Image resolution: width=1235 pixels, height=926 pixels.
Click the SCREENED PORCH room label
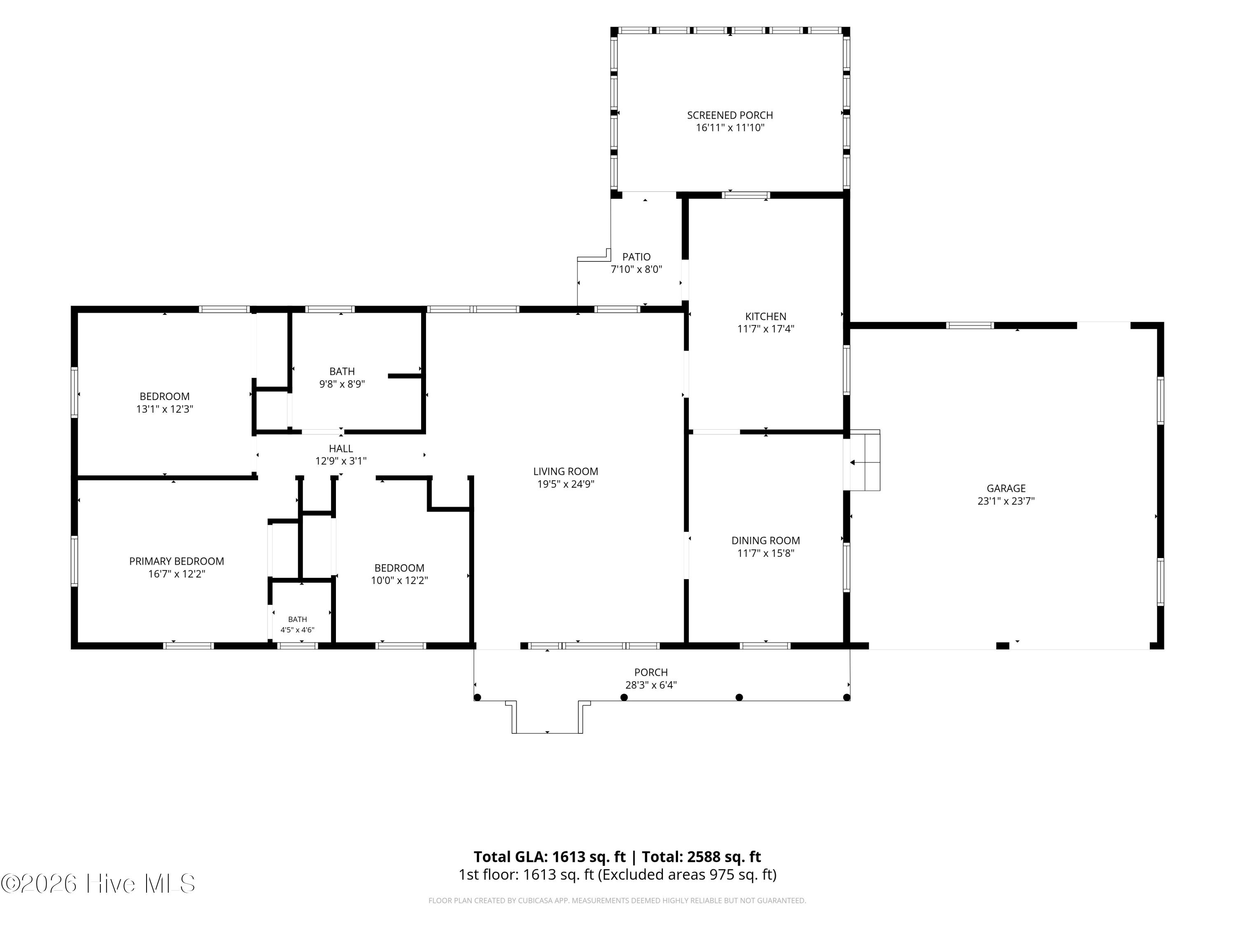(x=730, y=115)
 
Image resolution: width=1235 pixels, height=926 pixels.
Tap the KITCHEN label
(x=765, y=316)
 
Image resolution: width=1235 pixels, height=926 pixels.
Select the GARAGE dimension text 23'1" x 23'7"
(x=1006, y=501)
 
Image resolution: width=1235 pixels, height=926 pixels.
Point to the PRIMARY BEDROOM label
(x=177, y=561)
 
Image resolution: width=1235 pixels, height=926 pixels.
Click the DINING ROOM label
(x=765, y=540)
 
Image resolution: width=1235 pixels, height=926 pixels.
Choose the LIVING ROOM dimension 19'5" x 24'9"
(x=566, y=484)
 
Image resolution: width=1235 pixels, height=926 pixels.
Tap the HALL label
(x=340, y=448)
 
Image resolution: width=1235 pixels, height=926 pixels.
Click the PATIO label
(x=636, y=257)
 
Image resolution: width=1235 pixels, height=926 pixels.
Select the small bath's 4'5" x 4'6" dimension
(x=297, y=630)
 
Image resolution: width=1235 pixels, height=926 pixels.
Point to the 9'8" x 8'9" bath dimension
(x=342, y=384)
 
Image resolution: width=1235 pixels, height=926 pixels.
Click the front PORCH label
(x=651, y=672)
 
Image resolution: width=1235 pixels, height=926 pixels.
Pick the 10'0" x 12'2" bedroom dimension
(x=399, y=580)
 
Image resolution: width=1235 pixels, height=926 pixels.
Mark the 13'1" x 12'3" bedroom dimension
(x=165, y=409)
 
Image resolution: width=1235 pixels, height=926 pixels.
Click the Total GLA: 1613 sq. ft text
(x=550, y=857)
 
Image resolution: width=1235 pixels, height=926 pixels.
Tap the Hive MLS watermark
(x=98, y=884)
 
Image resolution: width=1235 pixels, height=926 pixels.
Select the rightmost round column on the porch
(x=846, y=697)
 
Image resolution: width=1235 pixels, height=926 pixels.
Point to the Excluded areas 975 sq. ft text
(x=687, y=874)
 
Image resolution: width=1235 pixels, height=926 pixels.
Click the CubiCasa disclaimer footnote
(x=617, y=900)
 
